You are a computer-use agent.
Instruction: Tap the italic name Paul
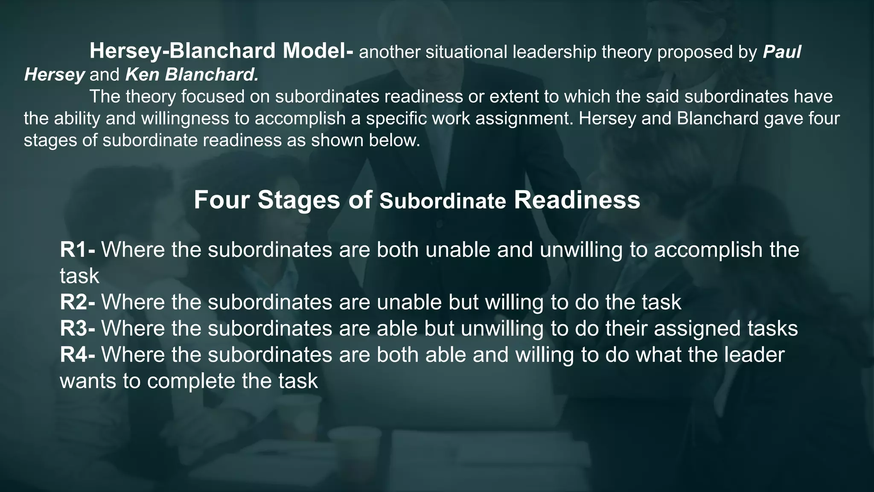coord(782,52)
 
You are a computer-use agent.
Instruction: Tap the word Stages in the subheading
coord(299,200)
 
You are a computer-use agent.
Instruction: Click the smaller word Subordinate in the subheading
coord(443,202)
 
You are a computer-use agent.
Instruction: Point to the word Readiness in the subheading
coord(577,200)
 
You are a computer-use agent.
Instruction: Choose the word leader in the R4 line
coord(754,355)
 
